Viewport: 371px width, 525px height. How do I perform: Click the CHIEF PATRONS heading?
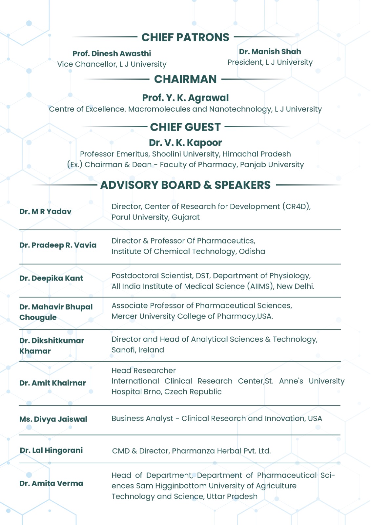pos(185,37)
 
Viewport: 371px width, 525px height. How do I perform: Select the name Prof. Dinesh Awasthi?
pos(112,53)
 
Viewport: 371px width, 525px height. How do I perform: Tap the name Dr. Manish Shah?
pos(270,52)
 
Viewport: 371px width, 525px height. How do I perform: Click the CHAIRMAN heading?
pos(185,79)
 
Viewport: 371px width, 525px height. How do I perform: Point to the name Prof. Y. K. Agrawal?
pos(185,98)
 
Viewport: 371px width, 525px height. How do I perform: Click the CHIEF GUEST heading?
pos(185,127)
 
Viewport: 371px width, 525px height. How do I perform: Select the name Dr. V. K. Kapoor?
pos(185,143)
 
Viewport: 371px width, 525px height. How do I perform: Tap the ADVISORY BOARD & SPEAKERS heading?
pos(185,185)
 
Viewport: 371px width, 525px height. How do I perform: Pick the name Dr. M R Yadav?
pos(45,212)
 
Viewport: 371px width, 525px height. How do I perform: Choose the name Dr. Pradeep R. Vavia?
pos(58,245)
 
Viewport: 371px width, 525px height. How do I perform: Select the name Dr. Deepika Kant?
pos(51,278)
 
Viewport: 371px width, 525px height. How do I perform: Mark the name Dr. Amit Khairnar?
pos(52,383)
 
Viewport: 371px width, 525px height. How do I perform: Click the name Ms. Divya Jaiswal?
pos(53,419)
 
